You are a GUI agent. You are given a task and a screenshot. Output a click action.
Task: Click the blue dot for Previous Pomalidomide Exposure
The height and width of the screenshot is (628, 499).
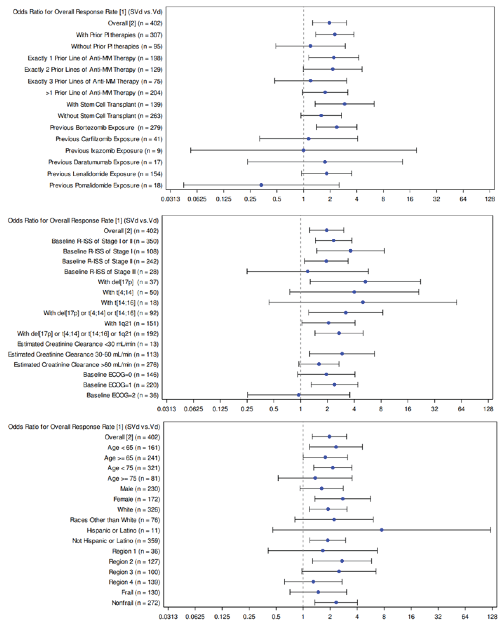(x=261, y=185)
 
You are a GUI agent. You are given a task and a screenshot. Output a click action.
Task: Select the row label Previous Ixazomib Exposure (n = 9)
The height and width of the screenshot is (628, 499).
(x=114, y=151)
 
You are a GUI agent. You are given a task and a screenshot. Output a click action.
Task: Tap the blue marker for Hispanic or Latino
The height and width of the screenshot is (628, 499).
(x=382, y=530)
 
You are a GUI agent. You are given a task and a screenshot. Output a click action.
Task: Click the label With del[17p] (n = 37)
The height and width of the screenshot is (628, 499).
(x=128, y=282)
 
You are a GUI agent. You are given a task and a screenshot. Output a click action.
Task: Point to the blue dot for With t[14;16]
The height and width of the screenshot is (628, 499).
(x=363, y=302)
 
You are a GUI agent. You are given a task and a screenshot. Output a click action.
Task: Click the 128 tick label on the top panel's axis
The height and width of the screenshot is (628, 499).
(x=490, y=199)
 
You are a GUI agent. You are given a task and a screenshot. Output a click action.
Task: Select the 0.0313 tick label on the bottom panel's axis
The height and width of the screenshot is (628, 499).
(x=168, y=617)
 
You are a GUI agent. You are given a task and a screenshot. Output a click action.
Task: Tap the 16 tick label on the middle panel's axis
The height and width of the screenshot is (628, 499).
(x=408, y=409)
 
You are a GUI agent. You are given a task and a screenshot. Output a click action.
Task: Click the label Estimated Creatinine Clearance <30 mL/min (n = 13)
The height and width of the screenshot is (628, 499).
(x=88, y=344)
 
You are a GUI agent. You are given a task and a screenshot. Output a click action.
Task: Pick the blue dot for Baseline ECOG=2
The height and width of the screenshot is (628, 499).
(x=299, y=395)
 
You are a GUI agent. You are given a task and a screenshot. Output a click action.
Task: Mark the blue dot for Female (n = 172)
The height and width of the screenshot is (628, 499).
(x=343, y=499)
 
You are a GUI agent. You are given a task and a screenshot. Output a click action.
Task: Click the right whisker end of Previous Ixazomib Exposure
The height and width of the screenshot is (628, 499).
(x=416, y=150)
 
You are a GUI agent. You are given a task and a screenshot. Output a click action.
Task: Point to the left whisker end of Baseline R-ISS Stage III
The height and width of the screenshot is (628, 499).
(x=247, y=271)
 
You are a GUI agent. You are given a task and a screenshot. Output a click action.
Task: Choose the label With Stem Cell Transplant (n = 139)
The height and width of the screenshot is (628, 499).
(x=114, y=104)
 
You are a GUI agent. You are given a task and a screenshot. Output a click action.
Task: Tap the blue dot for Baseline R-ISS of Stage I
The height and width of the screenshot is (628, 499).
(x=351, y=251)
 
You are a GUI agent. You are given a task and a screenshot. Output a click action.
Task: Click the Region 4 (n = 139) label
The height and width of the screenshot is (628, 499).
(x=134, y=582)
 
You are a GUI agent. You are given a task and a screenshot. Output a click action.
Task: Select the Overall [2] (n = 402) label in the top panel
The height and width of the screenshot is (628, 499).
(x=135, y=23)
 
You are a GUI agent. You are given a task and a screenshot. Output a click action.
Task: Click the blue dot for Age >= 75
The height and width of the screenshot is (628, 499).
(x=315, y=478)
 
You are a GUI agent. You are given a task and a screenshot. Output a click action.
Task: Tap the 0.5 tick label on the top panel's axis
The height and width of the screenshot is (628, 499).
(x=277, y=199)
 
